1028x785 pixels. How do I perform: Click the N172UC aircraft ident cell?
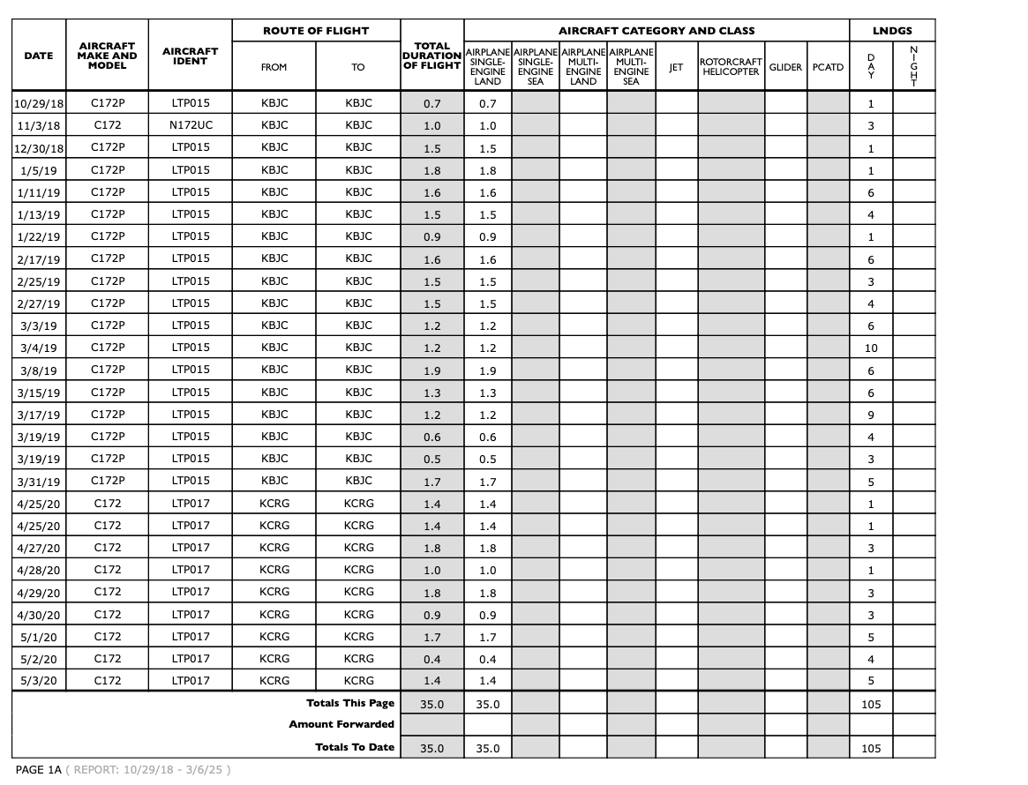point(191,125)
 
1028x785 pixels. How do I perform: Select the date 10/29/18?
point(39,104)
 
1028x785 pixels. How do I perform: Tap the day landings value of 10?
point(870,348)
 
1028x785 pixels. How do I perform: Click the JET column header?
point(676,67)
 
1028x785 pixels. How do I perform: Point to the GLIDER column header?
point(785,67)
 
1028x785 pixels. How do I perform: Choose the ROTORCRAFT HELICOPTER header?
point(731,67)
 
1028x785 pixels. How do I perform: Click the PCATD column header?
point(828,67)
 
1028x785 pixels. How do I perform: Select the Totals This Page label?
point(350,703)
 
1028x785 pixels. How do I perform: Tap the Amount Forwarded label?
point(341,725)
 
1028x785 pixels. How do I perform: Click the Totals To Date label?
point(355,747)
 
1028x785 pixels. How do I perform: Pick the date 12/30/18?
point(39,148)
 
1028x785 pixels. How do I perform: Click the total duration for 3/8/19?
point(432,370)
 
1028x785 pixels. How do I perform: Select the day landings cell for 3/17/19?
point(870,415)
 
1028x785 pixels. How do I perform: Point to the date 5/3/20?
point(39,681)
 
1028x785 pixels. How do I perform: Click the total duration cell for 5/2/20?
point(432,659)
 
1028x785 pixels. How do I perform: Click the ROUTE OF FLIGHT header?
point(316,31)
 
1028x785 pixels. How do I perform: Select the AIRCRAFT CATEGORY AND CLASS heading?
point(657,31)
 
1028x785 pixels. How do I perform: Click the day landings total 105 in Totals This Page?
point(870,704)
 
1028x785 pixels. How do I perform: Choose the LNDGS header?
point(892,31)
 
